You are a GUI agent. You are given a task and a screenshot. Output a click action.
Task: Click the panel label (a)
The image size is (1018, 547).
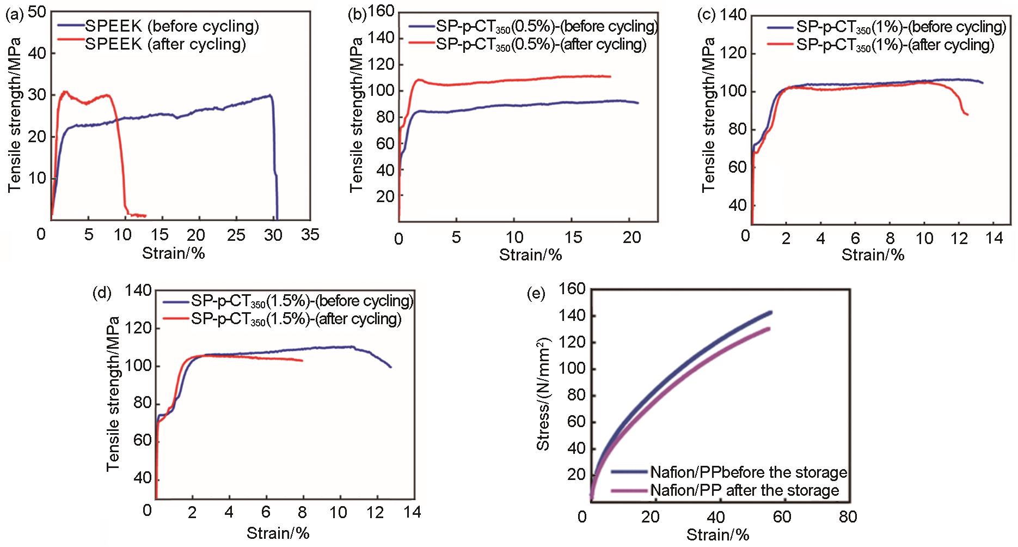click(14, 15)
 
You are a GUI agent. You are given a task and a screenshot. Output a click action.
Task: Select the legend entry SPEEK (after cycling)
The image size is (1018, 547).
click(165, 44)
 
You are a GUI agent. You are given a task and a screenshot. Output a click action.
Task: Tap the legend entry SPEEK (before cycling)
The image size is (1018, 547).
click(172, 26)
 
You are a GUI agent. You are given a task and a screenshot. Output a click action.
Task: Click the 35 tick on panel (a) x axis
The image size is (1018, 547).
click(310, 234)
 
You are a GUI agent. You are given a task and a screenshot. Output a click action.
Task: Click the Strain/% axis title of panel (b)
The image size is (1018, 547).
click(530, 254)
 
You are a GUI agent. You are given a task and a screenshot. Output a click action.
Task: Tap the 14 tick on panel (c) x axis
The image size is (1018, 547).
click(994, 238)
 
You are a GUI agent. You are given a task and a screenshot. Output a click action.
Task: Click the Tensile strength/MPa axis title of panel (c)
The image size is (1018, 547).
click(708, 114)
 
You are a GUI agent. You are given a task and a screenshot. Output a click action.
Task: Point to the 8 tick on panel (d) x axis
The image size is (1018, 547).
click(302, 512)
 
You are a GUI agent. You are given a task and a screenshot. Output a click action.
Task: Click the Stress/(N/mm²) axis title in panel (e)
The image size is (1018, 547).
click(543, 393)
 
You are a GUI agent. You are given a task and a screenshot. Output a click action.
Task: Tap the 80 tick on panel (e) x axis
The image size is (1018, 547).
click(848, 516)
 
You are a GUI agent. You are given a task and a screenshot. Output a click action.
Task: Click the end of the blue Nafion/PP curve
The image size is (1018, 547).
click(770, 312)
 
